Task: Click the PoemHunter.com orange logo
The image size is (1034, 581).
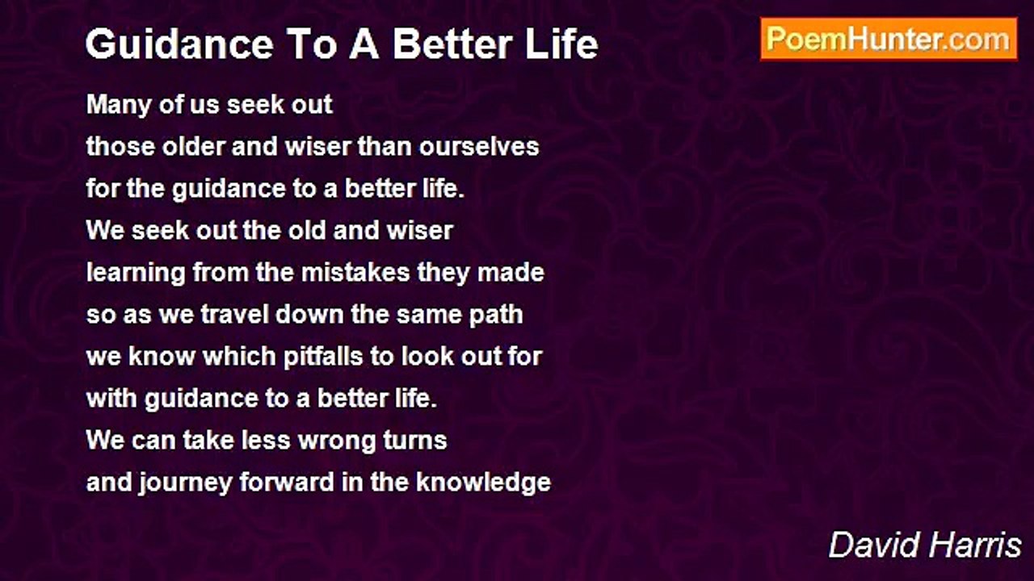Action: [x=889, y=40]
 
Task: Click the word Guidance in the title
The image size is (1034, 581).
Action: [x=179, y=44]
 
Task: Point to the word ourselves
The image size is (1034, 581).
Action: [x=479, y=147]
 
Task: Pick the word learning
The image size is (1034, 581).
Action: [x=136, y=274]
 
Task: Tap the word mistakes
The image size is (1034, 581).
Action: [x=355, y=273]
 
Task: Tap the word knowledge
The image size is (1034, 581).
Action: [x=483, y=483]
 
